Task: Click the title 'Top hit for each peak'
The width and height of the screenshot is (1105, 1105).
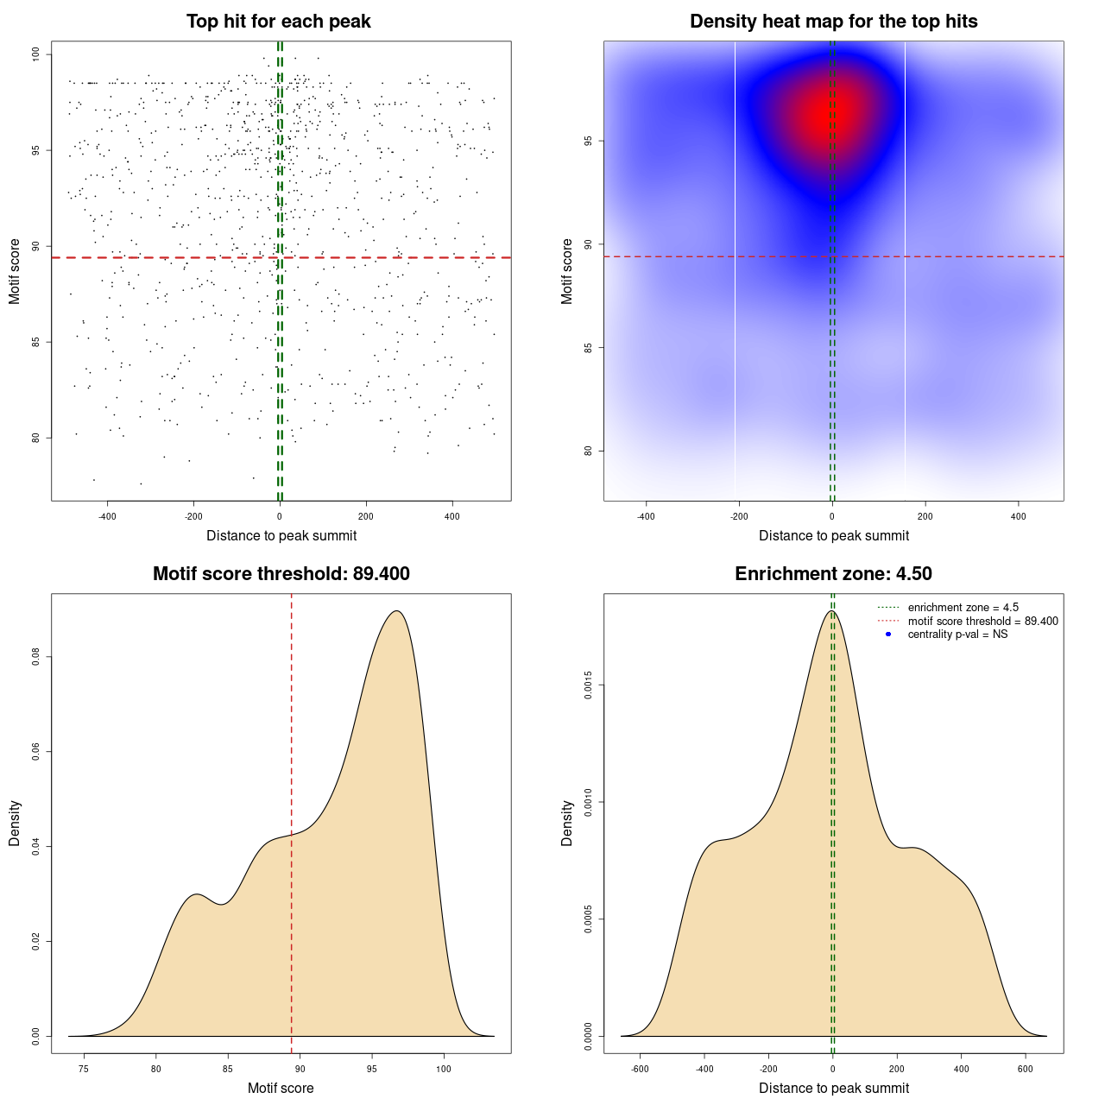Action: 279,22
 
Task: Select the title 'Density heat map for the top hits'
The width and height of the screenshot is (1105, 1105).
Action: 833,22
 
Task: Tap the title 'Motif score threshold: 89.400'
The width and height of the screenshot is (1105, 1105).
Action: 281,574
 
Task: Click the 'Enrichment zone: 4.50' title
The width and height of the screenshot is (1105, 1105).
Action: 833,574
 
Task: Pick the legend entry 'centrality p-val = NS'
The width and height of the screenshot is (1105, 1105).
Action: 957,635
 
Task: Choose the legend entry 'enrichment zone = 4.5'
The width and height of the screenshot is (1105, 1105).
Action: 963,608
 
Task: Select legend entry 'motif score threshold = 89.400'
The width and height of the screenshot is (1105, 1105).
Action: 982,621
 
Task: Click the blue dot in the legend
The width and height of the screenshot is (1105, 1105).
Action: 888,635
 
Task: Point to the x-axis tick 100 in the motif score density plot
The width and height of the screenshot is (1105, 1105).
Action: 444,1069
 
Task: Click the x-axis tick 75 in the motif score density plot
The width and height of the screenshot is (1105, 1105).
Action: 84,1069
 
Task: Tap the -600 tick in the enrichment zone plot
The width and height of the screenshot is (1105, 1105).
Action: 640,1069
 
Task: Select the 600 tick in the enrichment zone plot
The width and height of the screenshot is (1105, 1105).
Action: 1026,1069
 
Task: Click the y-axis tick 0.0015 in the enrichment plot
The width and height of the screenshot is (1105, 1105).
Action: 588,685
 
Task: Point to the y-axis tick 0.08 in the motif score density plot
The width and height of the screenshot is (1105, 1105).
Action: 35,658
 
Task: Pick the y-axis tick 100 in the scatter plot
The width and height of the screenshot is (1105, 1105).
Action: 35,54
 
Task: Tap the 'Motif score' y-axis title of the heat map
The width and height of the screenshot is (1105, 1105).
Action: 567,271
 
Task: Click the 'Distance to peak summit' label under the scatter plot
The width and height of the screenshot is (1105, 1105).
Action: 281,535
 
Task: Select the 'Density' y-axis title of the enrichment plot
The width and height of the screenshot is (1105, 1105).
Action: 567,823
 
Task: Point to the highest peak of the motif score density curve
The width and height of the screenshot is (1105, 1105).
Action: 396,611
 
